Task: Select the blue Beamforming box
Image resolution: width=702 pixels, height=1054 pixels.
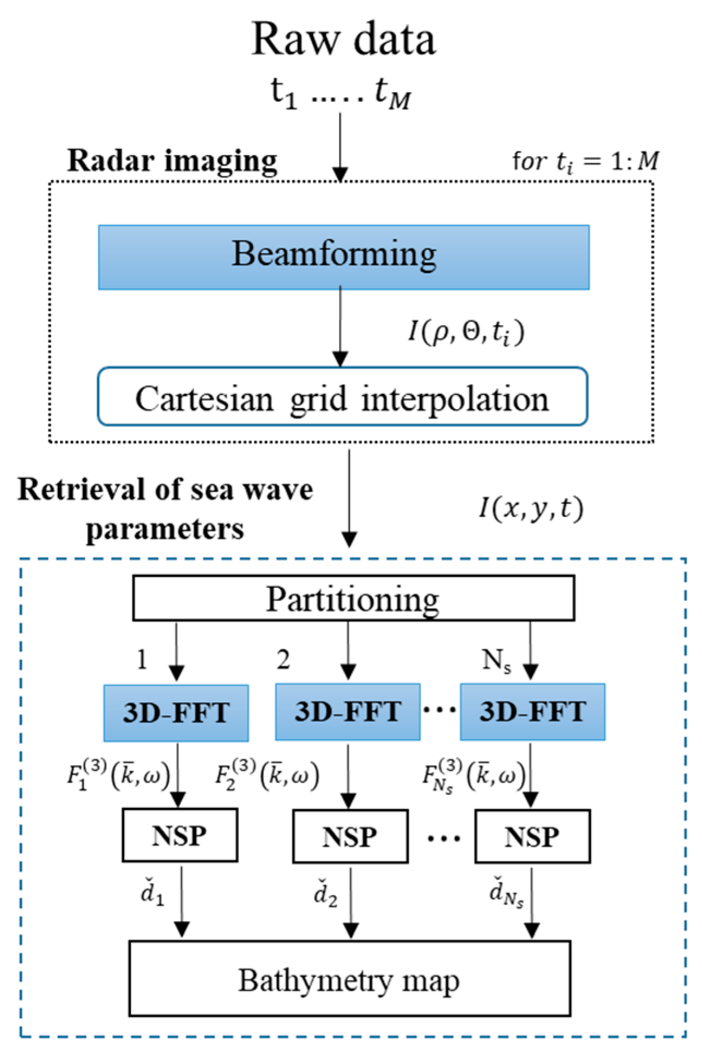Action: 343,257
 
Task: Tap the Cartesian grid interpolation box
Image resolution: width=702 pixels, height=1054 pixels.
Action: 342,397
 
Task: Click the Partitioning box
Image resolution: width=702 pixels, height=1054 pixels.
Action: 353,598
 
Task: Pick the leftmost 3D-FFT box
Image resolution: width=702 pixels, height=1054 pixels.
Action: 176,712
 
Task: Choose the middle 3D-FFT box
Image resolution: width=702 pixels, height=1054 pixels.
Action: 348,711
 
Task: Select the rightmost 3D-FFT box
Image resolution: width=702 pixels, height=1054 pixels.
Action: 532,711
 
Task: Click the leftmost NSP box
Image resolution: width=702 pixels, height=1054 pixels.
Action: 180,835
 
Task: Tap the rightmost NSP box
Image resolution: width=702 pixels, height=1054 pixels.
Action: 532,836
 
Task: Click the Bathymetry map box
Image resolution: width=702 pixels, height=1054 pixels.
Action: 349,979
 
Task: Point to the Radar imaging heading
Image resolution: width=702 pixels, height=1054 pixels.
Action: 172,161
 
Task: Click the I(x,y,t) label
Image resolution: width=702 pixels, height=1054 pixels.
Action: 531,509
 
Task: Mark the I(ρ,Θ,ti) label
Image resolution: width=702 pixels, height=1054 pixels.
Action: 466,332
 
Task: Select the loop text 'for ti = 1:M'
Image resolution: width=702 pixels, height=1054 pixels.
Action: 585,161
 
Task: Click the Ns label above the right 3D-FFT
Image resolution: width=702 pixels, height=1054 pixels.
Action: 497,661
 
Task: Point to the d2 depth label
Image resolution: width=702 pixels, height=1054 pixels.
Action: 325,893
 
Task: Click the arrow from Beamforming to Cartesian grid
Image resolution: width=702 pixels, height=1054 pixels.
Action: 340,327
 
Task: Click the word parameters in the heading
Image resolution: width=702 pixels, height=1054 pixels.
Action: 165,528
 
